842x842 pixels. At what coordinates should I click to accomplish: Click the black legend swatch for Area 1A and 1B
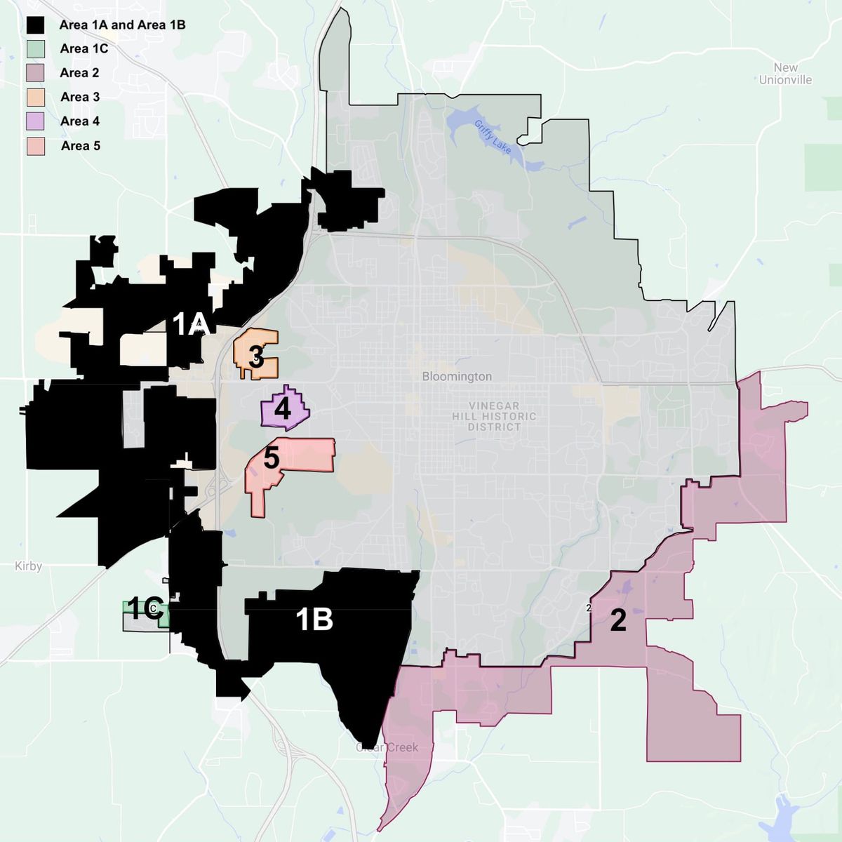(x=36, y=25)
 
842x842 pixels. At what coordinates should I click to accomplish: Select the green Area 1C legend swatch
(x=36, y=48)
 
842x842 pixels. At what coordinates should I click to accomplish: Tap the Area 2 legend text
(x=79, y=73)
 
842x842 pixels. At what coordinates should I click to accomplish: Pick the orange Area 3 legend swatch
(x=36, y=97)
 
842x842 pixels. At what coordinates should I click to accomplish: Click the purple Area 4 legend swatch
(x=36, y=121)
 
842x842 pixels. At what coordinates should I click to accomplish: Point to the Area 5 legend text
(x=80, y=146)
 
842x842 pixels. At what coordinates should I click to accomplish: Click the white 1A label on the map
(x=191, y=324)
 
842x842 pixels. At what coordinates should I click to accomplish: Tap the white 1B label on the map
(x=314, y=620)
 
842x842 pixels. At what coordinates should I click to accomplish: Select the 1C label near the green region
(x=145, y=609)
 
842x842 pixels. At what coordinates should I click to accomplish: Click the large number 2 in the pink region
(x=617, y=620)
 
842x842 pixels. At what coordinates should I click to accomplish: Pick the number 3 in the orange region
(x=256, y=357)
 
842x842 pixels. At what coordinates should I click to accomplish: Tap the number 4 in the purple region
(x=283, y=408)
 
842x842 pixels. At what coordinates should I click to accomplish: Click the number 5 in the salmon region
(x=272, y=458)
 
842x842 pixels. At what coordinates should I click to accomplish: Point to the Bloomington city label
(x=457, y=377)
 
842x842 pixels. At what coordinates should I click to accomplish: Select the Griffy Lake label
(x=493, y=137)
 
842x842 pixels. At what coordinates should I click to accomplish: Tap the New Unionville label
(x=785, y=74)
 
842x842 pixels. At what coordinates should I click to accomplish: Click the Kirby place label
(x=28, y=566)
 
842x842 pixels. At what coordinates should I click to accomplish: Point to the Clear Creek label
(x=387, y=747)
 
